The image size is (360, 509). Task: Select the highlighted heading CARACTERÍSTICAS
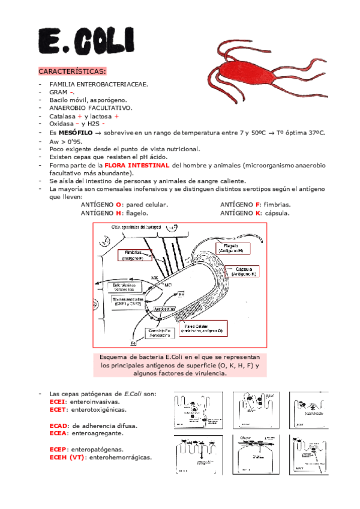pyautogui.click(x=72, y=71)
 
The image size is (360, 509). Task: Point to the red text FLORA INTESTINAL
pyautogui.click(x=136, y=164)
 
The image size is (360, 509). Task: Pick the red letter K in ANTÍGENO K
pyautogui.click(x=257, y=212)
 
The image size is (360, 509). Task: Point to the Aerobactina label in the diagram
pyautogui.click(x=164, y=309)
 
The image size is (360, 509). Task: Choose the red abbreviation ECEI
pyautogui.click(x=58, y=402)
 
